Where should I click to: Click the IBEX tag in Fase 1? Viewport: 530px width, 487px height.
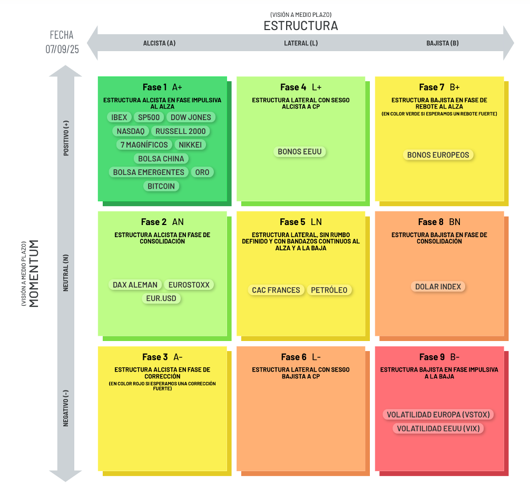[119, 118]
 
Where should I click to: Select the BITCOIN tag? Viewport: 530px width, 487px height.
[161, 187]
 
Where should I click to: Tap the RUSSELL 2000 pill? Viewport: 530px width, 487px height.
[181, 131]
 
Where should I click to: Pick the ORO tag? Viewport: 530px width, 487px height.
[202, 172]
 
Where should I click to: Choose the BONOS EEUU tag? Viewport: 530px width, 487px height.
[299, 152]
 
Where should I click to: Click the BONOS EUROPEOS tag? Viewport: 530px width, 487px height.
[438, 155]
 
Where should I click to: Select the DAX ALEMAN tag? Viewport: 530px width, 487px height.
[135, 285]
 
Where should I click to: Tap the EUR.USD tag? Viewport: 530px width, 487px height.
[161, 299]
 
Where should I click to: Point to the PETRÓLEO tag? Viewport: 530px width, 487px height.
[329, 290]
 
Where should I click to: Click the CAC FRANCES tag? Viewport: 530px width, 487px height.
[276, 290]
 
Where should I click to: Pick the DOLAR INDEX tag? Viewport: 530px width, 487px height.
[438, 287]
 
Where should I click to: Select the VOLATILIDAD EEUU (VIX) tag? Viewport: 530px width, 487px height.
[438, 429]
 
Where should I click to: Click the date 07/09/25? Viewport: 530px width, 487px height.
[62, 50]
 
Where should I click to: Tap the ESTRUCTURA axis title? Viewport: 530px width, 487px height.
[301, 26]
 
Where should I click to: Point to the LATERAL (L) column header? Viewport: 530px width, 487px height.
[301, 43]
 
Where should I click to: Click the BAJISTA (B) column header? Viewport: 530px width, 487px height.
[443, 43]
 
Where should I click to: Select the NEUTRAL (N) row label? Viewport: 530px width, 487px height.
[66, 273]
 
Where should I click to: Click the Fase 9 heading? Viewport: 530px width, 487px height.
[432, 357]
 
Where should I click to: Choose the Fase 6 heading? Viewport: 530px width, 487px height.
[294, 357]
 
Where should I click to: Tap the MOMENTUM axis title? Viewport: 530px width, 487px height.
[34, 274]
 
